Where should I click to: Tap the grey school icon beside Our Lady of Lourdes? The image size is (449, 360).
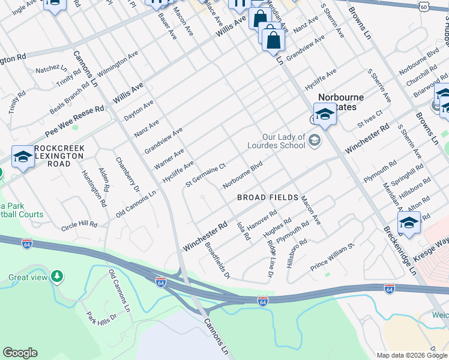coord(314,140)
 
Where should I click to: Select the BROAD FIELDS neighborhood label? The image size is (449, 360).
coord(268,197)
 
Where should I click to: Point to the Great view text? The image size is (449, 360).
coord(28,277)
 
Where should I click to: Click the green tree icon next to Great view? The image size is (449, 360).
coord(57,277)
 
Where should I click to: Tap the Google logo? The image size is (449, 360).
coord(20,353)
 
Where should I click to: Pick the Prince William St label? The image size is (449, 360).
coord(333,256)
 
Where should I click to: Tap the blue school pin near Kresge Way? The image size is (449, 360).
coord(409,222)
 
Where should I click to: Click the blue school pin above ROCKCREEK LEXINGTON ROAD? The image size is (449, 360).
coord(23,157)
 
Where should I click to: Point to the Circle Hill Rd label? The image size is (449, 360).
coord(79,225)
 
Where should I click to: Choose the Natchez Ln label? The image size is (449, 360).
coord(51,70)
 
